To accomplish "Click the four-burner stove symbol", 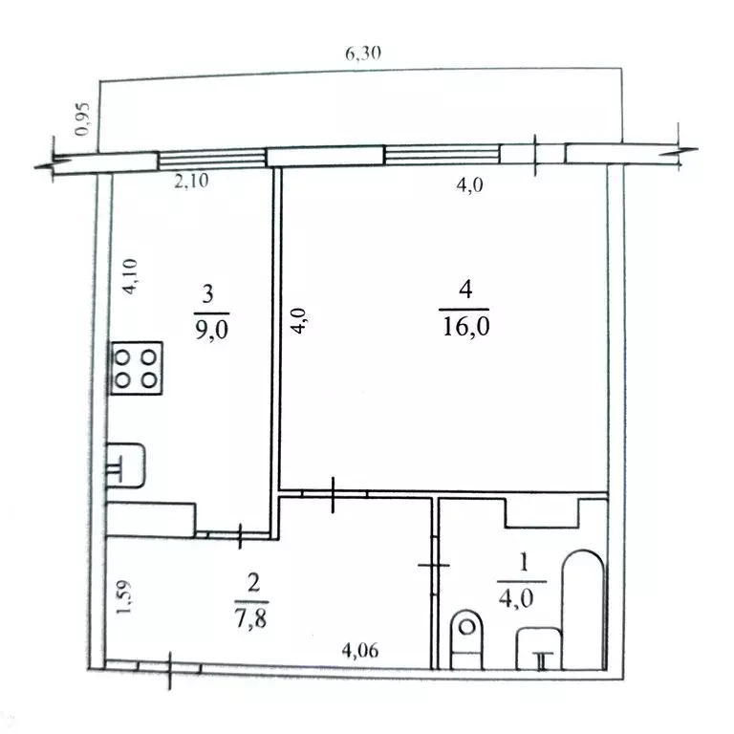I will coord(137,368).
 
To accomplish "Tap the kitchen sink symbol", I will coord(124,466).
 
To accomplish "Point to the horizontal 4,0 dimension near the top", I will coord(470,186).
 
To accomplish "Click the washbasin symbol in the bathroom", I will coord(538,650).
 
